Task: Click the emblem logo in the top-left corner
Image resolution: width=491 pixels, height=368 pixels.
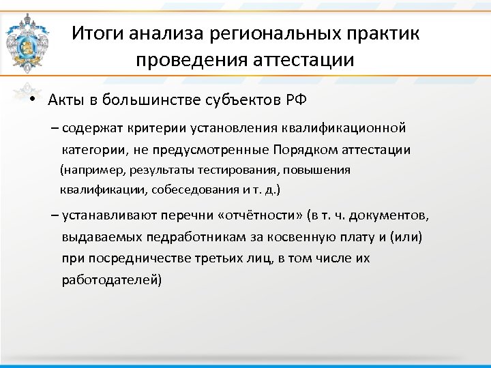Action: pyautogui.click(x=27, y=42)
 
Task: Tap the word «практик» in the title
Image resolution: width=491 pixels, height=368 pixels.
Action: pyautogui.click(x=385, y=33)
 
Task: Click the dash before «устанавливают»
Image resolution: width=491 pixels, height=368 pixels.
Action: pyautogui.click(x=54, y=215)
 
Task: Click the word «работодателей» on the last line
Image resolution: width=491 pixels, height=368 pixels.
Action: pyautogui.click(x=111, y=279)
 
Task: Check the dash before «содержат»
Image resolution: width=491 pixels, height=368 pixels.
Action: pyautogui.click(x=54, y=127)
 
